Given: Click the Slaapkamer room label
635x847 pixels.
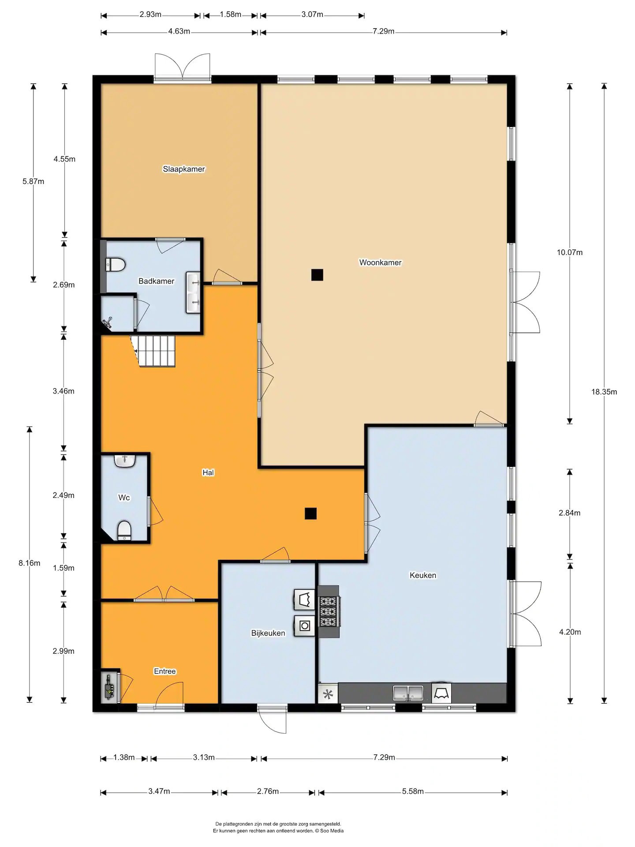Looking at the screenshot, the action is point(184,169).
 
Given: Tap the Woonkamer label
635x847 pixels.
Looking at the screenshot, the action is point(380,262).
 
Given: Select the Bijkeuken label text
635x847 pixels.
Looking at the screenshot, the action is point(268,633).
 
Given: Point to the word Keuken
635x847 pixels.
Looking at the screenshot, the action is point(423,575).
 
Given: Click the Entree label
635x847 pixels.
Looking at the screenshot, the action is point(165,671).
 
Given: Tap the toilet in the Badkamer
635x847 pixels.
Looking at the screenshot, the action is point(116,264).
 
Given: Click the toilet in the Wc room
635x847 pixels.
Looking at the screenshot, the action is point(125,530).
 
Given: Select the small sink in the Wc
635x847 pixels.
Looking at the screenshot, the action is point(125,461).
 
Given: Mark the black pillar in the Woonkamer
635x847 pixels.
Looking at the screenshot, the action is point(317,275).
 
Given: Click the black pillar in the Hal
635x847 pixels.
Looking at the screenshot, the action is point(310,513).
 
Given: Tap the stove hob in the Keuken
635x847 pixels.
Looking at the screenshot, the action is point(329,611).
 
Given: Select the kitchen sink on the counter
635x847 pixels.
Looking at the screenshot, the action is point(408,693).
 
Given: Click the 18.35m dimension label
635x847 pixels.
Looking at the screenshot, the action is point(604,392).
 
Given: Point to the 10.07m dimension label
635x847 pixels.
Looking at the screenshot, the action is point(570,252).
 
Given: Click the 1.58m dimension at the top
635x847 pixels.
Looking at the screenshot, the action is point(231,15).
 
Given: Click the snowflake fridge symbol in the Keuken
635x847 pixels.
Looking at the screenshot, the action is point(328,694).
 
